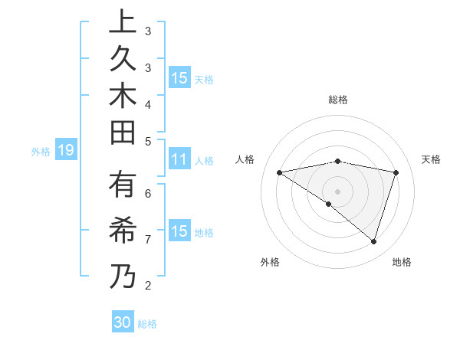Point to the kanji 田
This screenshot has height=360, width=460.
[x=123, y=135]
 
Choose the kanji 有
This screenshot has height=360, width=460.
[x=123, y=188]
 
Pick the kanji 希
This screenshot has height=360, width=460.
[x=123, y=233]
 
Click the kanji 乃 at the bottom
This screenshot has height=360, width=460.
[x=123, y=277]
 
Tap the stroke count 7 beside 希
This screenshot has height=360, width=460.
[x=148, y=239]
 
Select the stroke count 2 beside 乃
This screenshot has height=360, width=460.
[x=148, y=286]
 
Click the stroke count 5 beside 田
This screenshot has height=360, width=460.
[x=148, y=141]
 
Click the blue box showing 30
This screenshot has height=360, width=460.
[x=123, y=322]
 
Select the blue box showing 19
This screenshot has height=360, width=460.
[x=65, y=151]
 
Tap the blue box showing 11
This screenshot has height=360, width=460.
[x=179, y=160]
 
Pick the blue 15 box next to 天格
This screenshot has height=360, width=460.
[x=179, y=78]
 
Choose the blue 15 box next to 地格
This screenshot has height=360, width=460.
[x=179, y=231]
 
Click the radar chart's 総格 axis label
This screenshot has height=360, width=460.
[x=338, y=100]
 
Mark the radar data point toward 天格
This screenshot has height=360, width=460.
[x=396, y=172]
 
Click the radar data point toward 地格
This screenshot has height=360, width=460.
[x=373, y=241]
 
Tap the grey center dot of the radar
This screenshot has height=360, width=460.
[x=337, y=191]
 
